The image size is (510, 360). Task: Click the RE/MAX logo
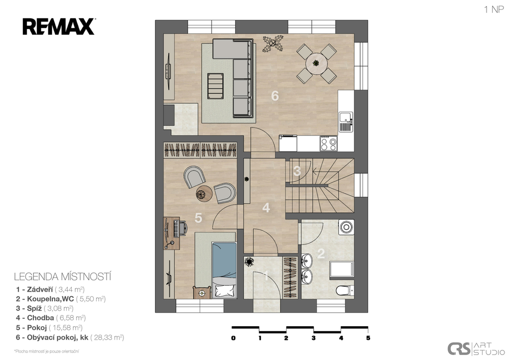click(59, 27)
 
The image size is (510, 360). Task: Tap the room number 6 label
click(275, 96)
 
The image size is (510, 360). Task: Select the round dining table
click(316, 64)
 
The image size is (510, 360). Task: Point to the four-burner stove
click(329, 143)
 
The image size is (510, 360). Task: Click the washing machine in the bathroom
click(346, 227)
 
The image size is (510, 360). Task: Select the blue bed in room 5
click(224, 270)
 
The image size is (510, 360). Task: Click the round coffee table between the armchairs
click(204, 194)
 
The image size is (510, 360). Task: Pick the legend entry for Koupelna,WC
click(61, 299)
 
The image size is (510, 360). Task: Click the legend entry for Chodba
click(51, 318)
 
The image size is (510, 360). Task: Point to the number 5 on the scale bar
click(368, 338)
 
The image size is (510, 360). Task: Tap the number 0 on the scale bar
click(233, 338)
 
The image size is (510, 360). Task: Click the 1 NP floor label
click(494, 9)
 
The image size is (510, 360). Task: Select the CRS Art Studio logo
click(476, 349)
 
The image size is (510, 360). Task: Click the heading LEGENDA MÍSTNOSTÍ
click(62, 277)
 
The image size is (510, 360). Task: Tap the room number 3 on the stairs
click(297, 171)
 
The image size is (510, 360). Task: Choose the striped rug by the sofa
click(216, 86)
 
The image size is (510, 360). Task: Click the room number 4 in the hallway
click(266, 208)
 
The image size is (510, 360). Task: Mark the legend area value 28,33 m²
click(107, 337)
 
